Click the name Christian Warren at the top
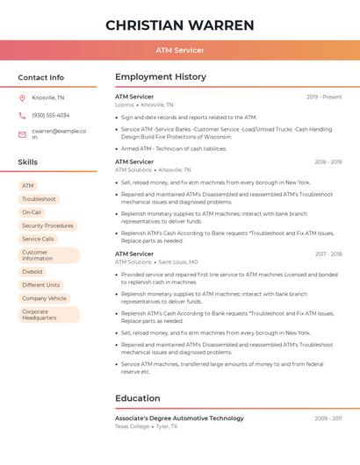point(180,25)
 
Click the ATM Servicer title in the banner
point(180,50)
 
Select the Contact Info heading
point(41,77)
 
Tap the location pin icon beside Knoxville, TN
point(22,97)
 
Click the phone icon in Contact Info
point(22,115)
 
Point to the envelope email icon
point(22,133)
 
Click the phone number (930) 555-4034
point(50,115)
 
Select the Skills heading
point(28,162)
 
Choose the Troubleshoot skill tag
point(39,199)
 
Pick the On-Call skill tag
point(32,212)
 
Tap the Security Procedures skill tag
point(47,225)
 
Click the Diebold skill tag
point(32,272)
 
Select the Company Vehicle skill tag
point(44,298)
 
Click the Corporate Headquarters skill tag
point(46,314)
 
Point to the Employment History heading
point(161,77)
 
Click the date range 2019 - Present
point(324,97)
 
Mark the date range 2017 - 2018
point(328,254)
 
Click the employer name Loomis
point(124,104)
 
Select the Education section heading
point(138,398)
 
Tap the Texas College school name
point(133,426)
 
